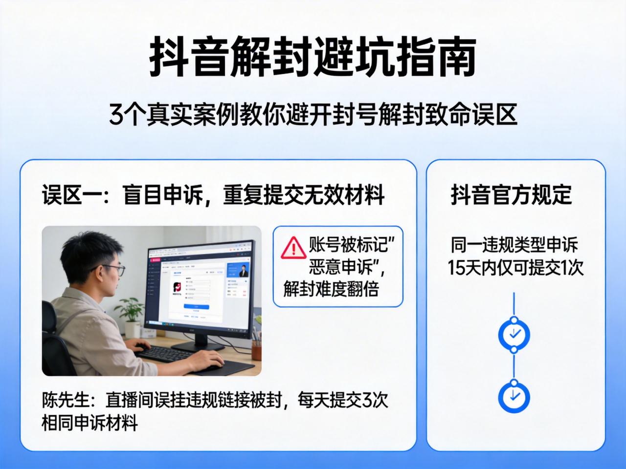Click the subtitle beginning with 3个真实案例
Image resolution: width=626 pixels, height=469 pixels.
313,115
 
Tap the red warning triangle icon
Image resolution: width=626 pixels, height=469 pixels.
293,248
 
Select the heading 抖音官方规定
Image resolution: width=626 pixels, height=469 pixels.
512,194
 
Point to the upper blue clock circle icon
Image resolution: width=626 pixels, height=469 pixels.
514,335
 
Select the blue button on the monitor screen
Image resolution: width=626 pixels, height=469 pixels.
196,306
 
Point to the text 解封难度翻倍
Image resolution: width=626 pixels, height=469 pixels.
331,289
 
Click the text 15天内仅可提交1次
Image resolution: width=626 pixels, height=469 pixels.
515,267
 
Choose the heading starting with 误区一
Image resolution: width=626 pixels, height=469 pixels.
213,195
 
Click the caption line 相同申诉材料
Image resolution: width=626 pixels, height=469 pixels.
89,423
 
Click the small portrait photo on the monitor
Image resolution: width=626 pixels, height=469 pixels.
243,271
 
